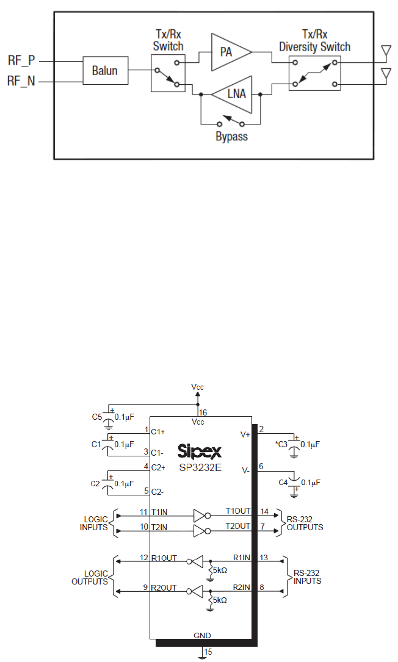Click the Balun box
click(x=107, y=71)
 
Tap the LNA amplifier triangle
click(x=233, y=95)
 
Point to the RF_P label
click(x=21, y=60)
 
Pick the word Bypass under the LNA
click(x=232, y=137)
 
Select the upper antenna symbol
click(x=385, y=51)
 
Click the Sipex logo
click(x=199, y=452)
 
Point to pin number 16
click(x=203, y=412)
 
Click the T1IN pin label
click(x=161, y=511)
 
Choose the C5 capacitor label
click(x=96, y=417)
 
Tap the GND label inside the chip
click(x=202, y=635)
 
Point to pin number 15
click(x=208, y=652)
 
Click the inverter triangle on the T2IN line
click(x=200, y=531)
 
